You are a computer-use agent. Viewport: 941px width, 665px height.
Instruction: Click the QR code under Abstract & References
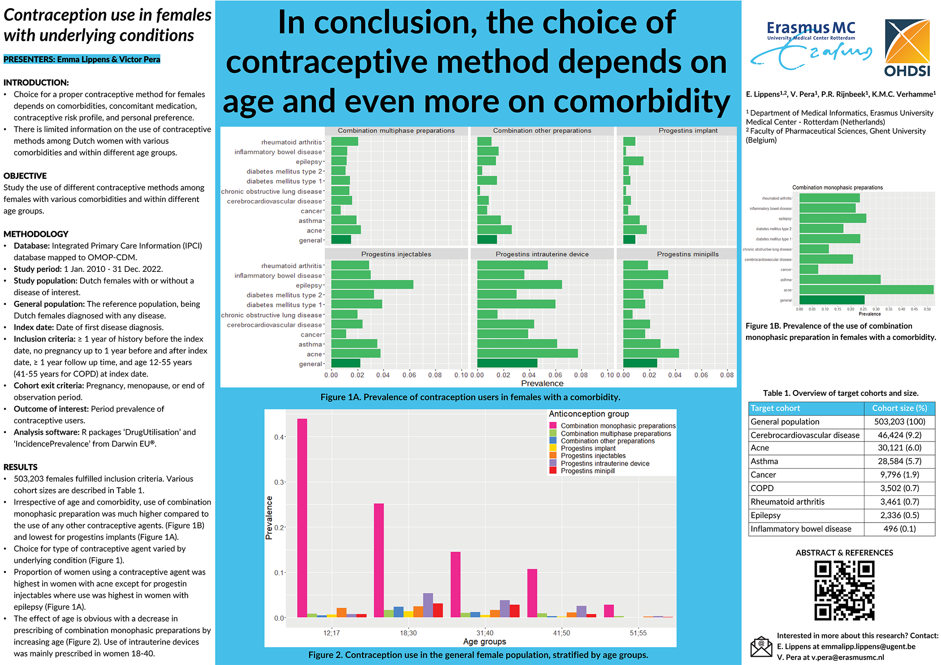coord(844,591)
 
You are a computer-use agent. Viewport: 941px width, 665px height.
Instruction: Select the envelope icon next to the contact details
coord(761,646)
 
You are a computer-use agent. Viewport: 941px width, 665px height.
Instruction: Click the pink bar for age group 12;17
coord(302,517)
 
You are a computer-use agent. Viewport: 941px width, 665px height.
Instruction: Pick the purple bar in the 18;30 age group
coord(428,605)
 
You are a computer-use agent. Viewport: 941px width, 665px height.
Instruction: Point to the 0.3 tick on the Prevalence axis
coord(279,482)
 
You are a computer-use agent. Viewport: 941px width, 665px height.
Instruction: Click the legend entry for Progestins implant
coord(588,448)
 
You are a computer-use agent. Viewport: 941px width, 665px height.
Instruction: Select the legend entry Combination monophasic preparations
coord(617,426)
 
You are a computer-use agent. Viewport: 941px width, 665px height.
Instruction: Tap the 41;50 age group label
coord(561,633)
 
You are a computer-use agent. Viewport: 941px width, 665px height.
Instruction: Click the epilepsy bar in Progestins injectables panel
coord(372,285)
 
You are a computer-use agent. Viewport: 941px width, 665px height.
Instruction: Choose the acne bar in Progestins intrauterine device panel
coord(527,354)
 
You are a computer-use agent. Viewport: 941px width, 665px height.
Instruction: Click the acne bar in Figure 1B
coord(866,290)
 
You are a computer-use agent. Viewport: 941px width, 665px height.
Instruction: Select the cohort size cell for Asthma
coord(899,461)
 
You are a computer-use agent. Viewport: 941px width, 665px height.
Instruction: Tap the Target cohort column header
coord(775,408)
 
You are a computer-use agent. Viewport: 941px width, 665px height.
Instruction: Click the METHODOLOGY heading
coord(36,234)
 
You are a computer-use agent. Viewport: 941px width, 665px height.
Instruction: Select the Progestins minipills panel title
coord(687,254)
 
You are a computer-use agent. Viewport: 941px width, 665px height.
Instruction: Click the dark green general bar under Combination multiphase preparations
coord(341,240)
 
